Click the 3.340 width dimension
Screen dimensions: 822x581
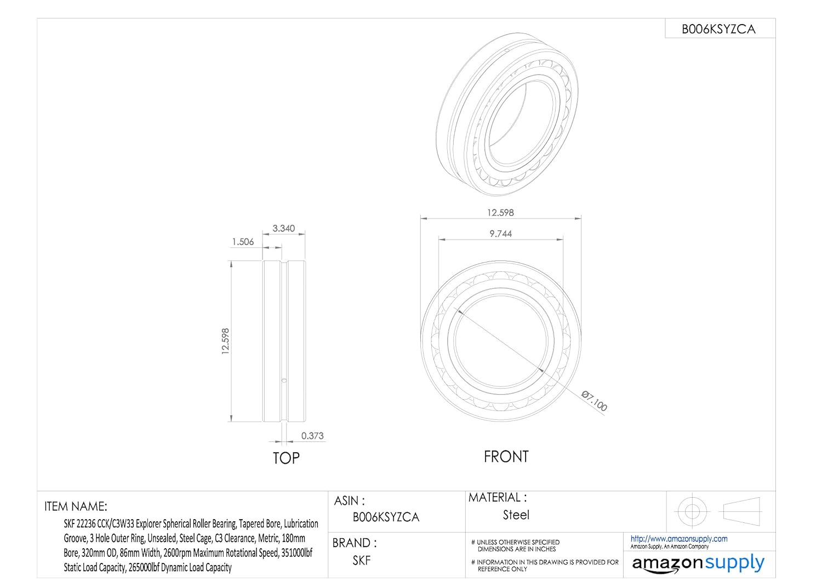(x=283, y=229)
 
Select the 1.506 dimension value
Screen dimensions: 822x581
(x=243, y=242)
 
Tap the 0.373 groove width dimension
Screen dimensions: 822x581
(x=312, y=436)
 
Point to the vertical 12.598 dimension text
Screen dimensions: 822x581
(x=225, y=341)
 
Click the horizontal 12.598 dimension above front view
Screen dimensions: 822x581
(x=500, y=213)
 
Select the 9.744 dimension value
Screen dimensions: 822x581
(x=500, y=234)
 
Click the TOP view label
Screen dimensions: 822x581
(x=286, y=458)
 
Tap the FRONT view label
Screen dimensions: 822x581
(x=506, y=457)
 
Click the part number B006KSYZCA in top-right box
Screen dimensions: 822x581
(x=718, y=29)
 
